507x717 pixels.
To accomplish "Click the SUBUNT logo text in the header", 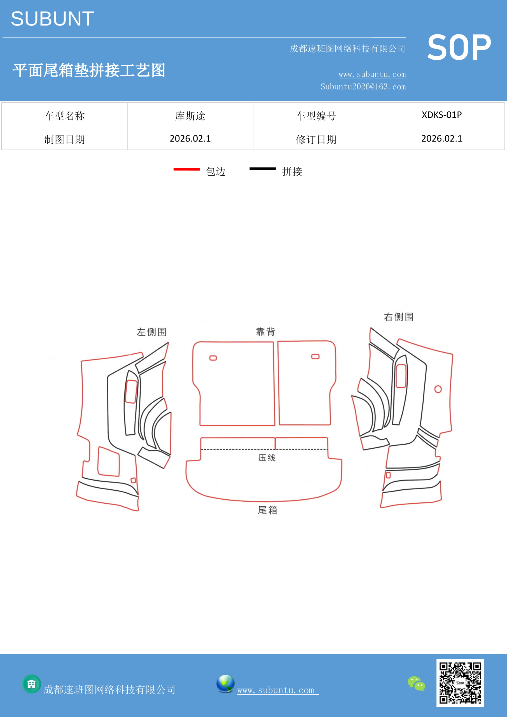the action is click(52, 19).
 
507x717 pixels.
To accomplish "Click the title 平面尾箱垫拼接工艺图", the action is click(89, 70).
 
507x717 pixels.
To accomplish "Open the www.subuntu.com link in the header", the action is click(372, 74).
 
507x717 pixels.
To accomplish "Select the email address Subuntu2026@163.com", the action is click(363, 87).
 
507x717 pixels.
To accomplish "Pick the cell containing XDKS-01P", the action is click(442, 115).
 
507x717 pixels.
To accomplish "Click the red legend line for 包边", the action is click(186, 169).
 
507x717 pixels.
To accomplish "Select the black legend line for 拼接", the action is click(263, 169).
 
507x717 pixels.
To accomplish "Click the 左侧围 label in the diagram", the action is click(151, 332).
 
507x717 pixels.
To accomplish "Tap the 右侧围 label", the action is click(399, 317).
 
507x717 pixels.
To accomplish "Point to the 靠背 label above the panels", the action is click(266, 332).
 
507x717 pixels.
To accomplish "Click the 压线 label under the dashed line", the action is click(267, 458).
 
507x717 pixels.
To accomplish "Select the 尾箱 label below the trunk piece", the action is click(268, 510).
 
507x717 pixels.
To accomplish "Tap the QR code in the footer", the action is click(460, 683).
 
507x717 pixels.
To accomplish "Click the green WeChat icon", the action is click(417, 684).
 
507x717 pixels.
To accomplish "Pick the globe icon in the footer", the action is click(225, 684).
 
